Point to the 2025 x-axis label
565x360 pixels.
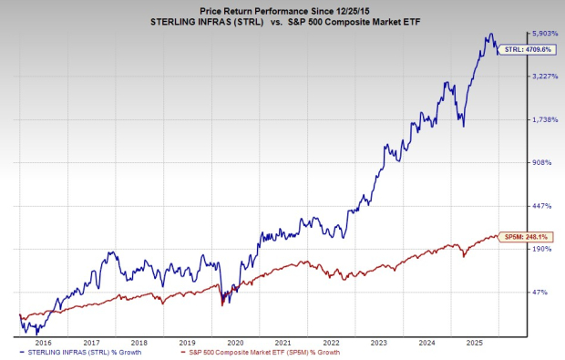473,342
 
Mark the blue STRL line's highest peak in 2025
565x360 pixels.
490,35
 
